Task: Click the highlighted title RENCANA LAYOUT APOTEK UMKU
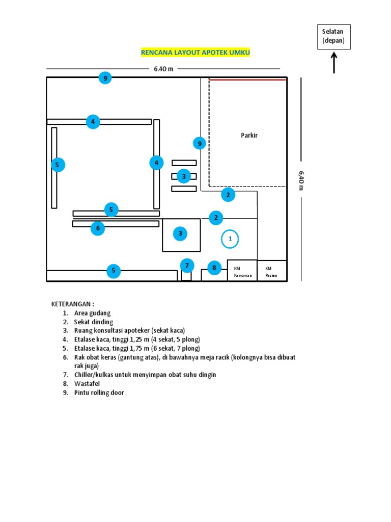195,53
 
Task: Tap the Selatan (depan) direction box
333,37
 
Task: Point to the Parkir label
249,135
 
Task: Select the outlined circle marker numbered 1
230,239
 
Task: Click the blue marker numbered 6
98,228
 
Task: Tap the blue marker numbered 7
187,266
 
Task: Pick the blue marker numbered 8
214,268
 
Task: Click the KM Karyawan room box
242,271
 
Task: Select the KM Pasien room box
272,271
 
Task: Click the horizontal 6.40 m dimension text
163,69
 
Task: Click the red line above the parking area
247,80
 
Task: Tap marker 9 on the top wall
105,78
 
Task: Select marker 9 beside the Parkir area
200,144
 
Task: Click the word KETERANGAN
73,304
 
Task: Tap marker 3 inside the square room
180,234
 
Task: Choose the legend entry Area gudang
92,313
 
